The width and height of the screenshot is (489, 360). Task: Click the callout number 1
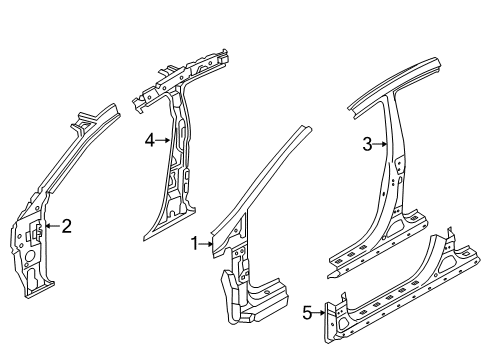click(196, 242)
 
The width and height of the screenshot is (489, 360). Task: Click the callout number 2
click(66, 226)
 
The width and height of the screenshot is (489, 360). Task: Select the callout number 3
click(367, 144)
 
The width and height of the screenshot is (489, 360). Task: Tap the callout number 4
click(148, 141)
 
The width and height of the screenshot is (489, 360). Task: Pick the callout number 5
click(307, 313)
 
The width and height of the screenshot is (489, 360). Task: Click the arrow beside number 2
click(52, 226)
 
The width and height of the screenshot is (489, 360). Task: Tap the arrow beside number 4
click(162, 141)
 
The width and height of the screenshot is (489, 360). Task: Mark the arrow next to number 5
click(321, 313)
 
